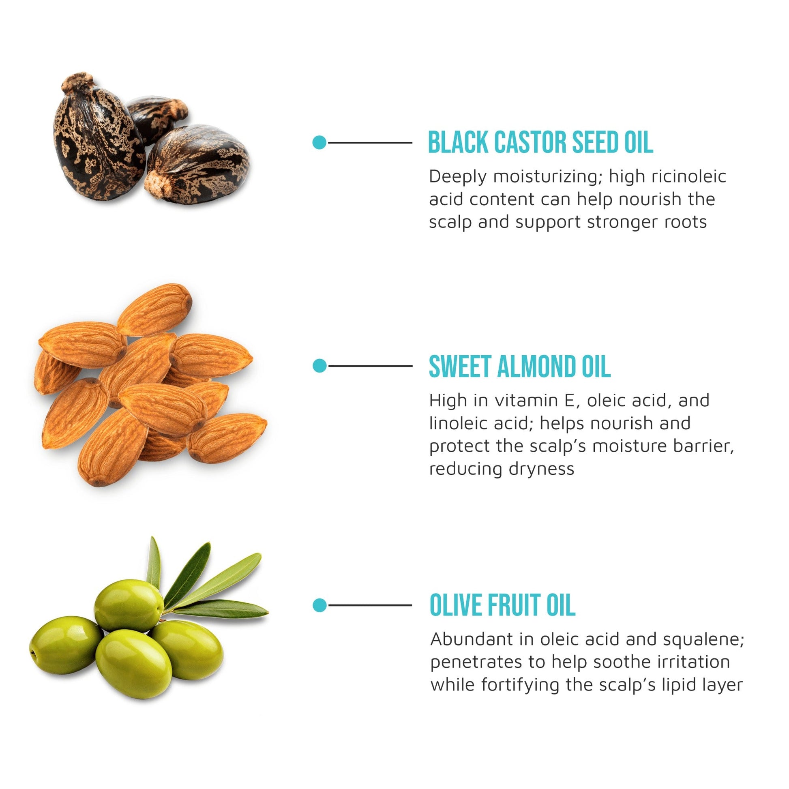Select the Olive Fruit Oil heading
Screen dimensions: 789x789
point(503,605)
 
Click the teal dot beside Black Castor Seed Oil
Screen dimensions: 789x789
point(319,143)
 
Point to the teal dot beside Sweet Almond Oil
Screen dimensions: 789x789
point(320,366)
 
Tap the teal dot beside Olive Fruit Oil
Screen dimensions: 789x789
point(320,605)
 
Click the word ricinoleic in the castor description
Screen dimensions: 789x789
point(688,177)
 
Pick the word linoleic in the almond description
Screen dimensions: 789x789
point(459,424)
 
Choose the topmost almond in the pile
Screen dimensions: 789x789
point(154,309)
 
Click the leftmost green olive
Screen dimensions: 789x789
point(66,645)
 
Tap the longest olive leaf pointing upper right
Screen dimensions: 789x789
point(217,582)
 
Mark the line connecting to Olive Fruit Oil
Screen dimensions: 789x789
point(370,605)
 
